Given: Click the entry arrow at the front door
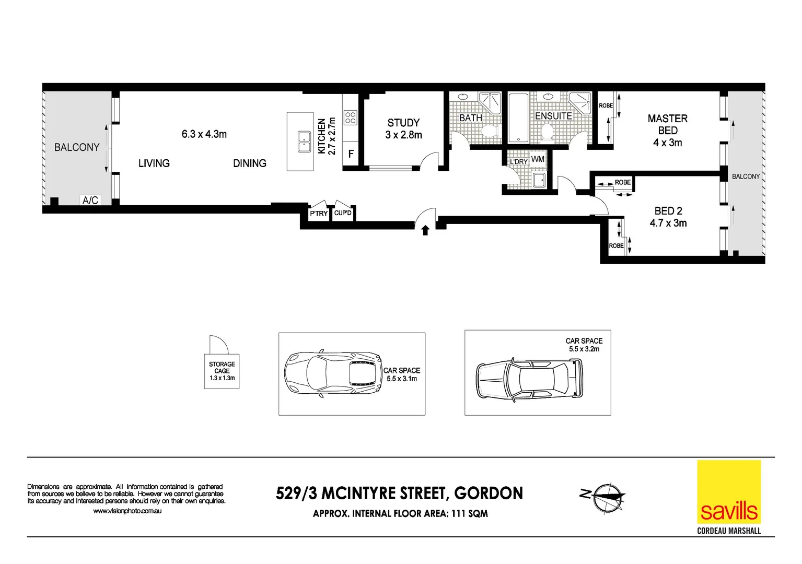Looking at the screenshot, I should tap(425, 230).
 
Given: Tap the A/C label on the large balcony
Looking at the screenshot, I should tap(90, 200).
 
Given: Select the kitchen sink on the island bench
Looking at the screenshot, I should tap(304, 142).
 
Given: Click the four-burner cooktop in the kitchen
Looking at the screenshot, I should tap(350, 118).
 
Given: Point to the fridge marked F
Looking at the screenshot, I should tap(351, 154).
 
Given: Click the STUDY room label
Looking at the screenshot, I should tap(403, 123).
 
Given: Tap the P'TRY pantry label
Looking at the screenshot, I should tap(318, 214).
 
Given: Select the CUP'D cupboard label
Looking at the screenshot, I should tap(343, 213).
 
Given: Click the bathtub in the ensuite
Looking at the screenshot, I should tap(518, 118).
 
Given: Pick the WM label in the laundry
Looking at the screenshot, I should tap(538, 159).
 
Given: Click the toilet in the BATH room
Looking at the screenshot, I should tap(490, 131).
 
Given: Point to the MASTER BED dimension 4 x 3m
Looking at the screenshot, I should tap(667, 143).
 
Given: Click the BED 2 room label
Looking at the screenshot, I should tap(668, 211).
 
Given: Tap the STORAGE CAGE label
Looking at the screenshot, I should tap(222, 368).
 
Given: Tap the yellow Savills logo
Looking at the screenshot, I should tap(729, 492).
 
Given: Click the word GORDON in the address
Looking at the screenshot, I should tap(488, 494).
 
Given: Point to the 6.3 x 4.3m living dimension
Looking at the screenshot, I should tap(204, 134).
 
